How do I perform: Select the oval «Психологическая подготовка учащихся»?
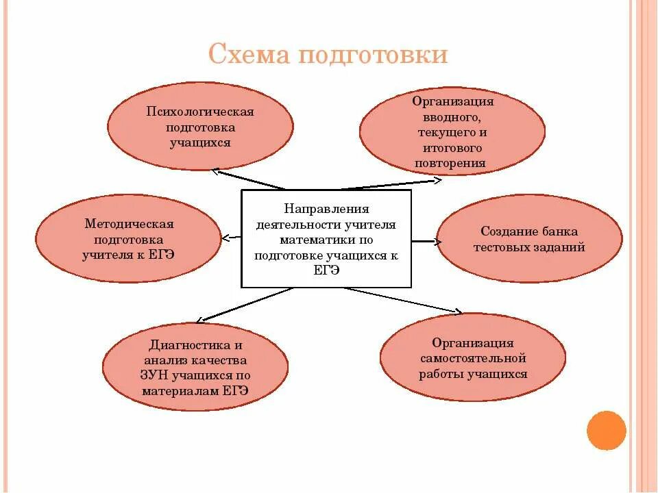[200, 127]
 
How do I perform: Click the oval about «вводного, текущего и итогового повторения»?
[452, 131]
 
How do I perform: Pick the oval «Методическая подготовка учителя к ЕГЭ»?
[128, 238]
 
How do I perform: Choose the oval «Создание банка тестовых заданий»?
[529, 240]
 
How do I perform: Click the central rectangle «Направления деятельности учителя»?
[326, 238]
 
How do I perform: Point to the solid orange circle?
[607, 430]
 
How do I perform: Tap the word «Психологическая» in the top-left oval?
[200, 112]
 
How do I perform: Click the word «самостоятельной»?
[473, 358]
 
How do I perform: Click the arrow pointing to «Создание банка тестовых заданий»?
[425, 241]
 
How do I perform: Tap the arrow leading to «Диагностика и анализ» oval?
[243, 305]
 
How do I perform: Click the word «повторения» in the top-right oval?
[450, 164]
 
